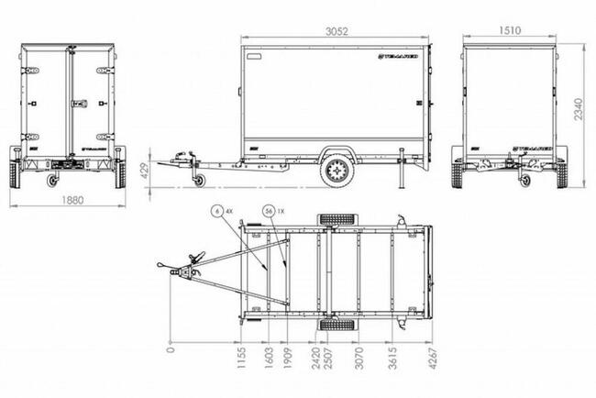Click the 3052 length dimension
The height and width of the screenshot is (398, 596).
337,29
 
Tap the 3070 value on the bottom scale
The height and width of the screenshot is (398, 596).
359,359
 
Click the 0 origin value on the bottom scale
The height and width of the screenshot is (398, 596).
171,349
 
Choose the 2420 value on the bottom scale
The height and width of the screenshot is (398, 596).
314,359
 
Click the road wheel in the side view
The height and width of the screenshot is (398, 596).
337,171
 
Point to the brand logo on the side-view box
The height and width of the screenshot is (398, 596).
401,57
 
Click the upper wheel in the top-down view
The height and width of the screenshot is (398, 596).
331,220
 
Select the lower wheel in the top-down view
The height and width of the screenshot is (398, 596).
331,327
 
